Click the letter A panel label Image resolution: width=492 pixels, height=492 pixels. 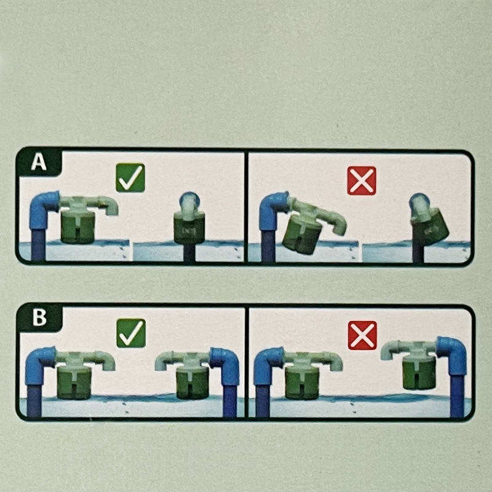click(39, 162)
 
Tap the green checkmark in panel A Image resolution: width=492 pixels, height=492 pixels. click(130, 178)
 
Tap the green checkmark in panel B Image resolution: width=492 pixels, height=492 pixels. click(131, 333)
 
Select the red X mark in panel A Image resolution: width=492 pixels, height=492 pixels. click(362, 181)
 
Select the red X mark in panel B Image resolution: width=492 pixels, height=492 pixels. click(362, 335)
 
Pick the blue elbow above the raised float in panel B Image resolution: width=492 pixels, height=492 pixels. click(452, 355)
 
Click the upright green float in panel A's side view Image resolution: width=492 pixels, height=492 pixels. click(189, 228)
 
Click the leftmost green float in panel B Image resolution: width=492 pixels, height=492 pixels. click(74, 383)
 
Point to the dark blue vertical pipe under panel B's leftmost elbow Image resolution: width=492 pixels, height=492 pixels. click(34, 402)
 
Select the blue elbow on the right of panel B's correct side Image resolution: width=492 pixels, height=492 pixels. click(224, 365)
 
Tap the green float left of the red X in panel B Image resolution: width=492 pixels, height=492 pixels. click(302, 383)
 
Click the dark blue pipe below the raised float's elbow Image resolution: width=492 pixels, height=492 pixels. click(457, 396)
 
